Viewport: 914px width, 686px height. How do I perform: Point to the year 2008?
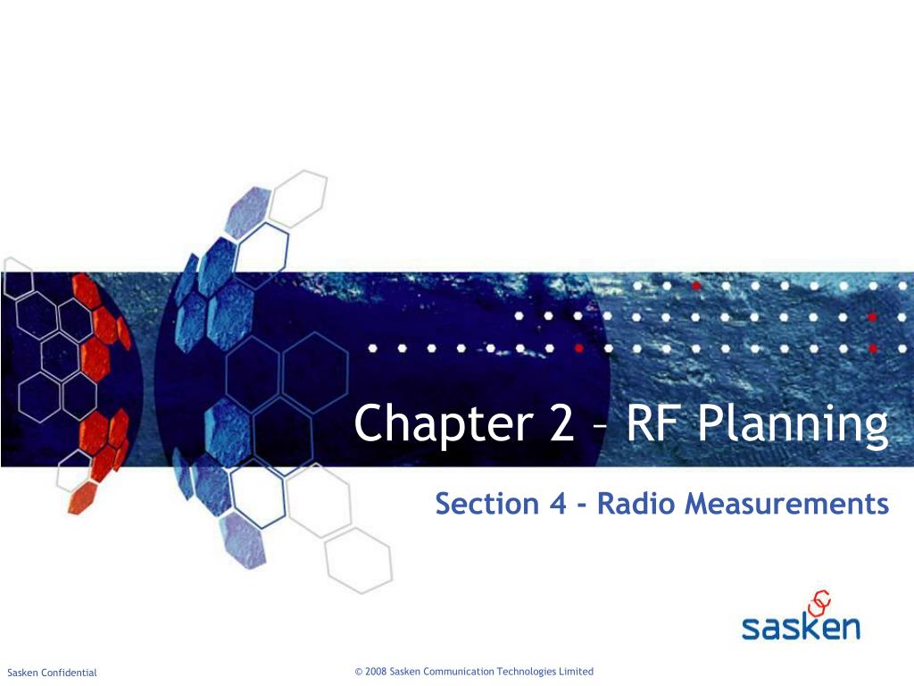tap(376, 672)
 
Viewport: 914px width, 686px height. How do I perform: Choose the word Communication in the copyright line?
tap(457, 672)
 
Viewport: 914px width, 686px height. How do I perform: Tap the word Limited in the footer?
tap(577, 672)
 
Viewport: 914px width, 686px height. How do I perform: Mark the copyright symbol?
tap(358, 672)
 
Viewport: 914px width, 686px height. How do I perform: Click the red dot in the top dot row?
tap(696, 287)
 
